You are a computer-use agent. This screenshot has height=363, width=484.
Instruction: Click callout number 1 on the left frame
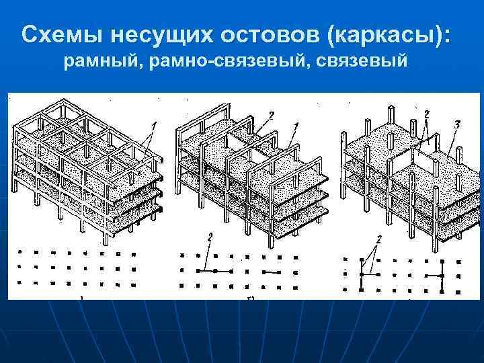point(154,125)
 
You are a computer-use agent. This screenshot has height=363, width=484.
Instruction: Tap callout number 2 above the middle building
point(270,116)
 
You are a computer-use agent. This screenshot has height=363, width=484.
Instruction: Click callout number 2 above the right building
point(426,115)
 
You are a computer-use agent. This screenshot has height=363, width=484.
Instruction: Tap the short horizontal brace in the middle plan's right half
point(271,272)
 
